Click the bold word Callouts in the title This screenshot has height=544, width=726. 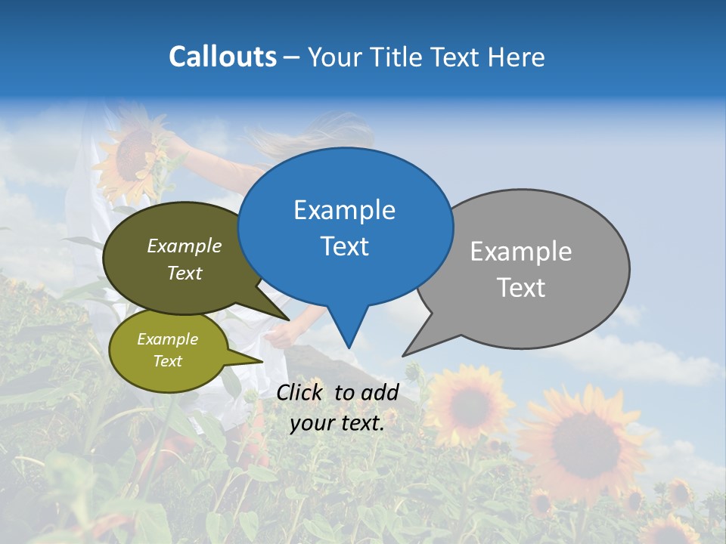click(x=222, y=57)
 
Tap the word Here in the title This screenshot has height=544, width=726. click(x=517, y=57)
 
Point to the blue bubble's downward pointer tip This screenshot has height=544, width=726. click(x=349, y=347)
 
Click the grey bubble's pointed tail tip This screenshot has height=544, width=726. click(x=405, y=354)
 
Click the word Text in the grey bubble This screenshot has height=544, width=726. click(x=522, y=287)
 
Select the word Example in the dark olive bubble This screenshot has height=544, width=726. click(x=185, y=246)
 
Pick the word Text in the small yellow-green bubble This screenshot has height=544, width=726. click(x=167, y=361)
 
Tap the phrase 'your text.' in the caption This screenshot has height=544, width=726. click(x=337, y=423)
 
